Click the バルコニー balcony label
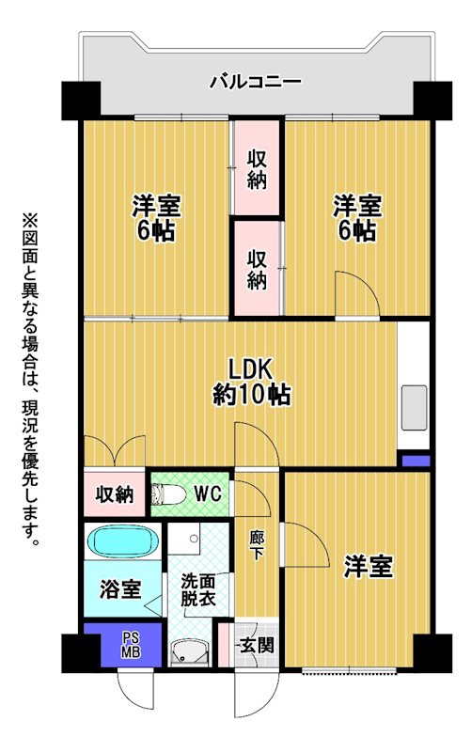[x=256, y=82]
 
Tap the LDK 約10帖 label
[x=251, y=383]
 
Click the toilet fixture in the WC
[x=168, y=494]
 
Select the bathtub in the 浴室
[x=123, y=541]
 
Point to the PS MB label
[x=131, y=645]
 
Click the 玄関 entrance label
[x=257, y=645]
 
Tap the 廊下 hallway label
[x=257, y=546]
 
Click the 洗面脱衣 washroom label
[x=197, y=590]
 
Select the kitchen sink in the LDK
[x=414, y=408]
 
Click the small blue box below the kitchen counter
[x=416, y=461]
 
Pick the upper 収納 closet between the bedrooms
[x=257, y=167]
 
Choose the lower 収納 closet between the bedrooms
[x=257, y=269]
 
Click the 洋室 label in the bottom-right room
[x=368, y=567]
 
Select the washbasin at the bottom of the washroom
[x=191, y=652]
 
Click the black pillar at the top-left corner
[x=81, y=101]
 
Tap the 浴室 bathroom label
[x=120, y=589]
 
